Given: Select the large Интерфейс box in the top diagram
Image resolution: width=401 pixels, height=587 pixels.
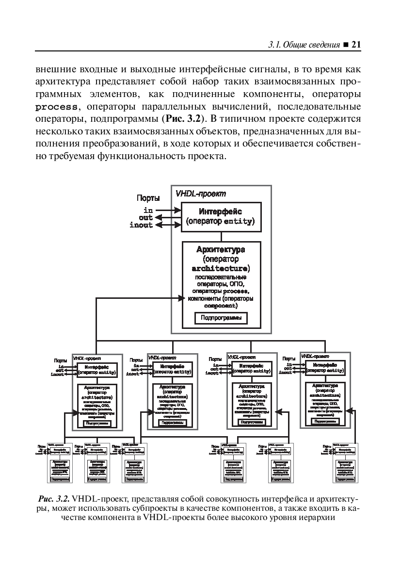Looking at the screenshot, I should tap(221, 217).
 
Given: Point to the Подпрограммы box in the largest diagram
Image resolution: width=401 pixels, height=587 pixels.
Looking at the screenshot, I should tap(221, 318).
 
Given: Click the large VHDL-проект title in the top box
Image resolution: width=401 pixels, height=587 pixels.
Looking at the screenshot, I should tap(201, 194).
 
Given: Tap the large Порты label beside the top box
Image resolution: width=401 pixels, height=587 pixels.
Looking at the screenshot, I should tap(148, 198).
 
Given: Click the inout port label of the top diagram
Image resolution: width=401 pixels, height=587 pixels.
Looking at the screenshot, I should tap(141, 225).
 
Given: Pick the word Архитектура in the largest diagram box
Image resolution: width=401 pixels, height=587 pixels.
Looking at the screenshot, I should tap(221, 250).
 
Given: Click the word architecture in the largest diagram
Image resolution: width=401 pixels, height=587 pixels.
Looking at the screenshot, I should tap(221, 268).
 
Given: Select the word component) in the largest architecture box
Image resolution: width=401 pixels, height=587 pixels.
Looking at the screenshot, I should tap(221, 307).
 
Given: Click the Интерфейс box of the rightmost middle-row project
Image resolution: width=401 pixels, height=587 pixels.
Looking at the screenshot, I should tap(324, 368).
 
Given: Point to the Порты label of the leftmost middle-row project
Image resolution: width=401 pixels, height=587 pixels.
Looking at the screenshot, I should tap(61, 360).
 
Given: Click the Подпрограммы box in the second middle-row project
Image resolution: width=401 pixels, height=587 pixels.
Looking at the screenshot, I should tap(172, 422).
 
